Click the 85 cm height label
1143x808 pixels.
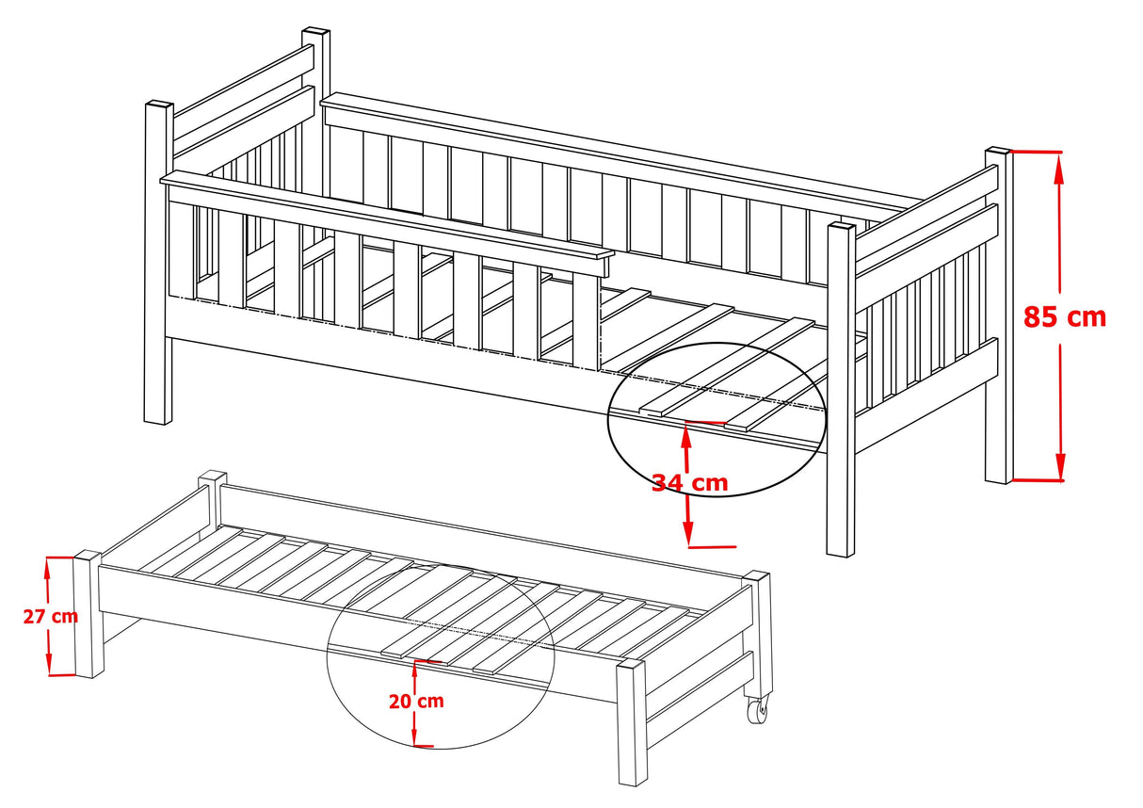click(x=1065, y=317)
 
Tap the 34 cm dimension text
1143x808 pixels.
click(x=690, y=482)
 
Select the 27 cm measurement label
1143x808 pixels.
click(x=51, y=617)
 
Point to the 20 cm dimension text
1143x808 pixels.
click(x=416, y=701)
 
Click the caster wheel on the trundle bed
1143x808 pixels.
click(x=758, y=710)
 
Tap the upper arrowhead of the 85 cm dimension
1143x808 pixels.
click(x=1060, y=167)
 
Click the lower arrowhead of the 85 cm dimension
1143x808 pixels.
click(x=1061, y=465)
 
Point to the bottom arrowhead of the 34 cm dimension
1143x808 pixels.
click(x=689, y=532)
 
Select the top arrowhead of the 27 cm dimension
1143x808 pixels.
click(x=48, y=567)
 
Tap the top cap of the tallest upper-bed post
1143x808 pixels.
click(x=315, y=32)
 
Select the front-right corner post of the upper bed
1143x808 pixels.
click(x=841, y=390)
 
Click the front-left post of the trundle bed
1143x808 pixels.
click(x=89, y=614)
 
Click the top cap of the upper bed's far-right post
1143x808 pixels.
click(x=999, y=152)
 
